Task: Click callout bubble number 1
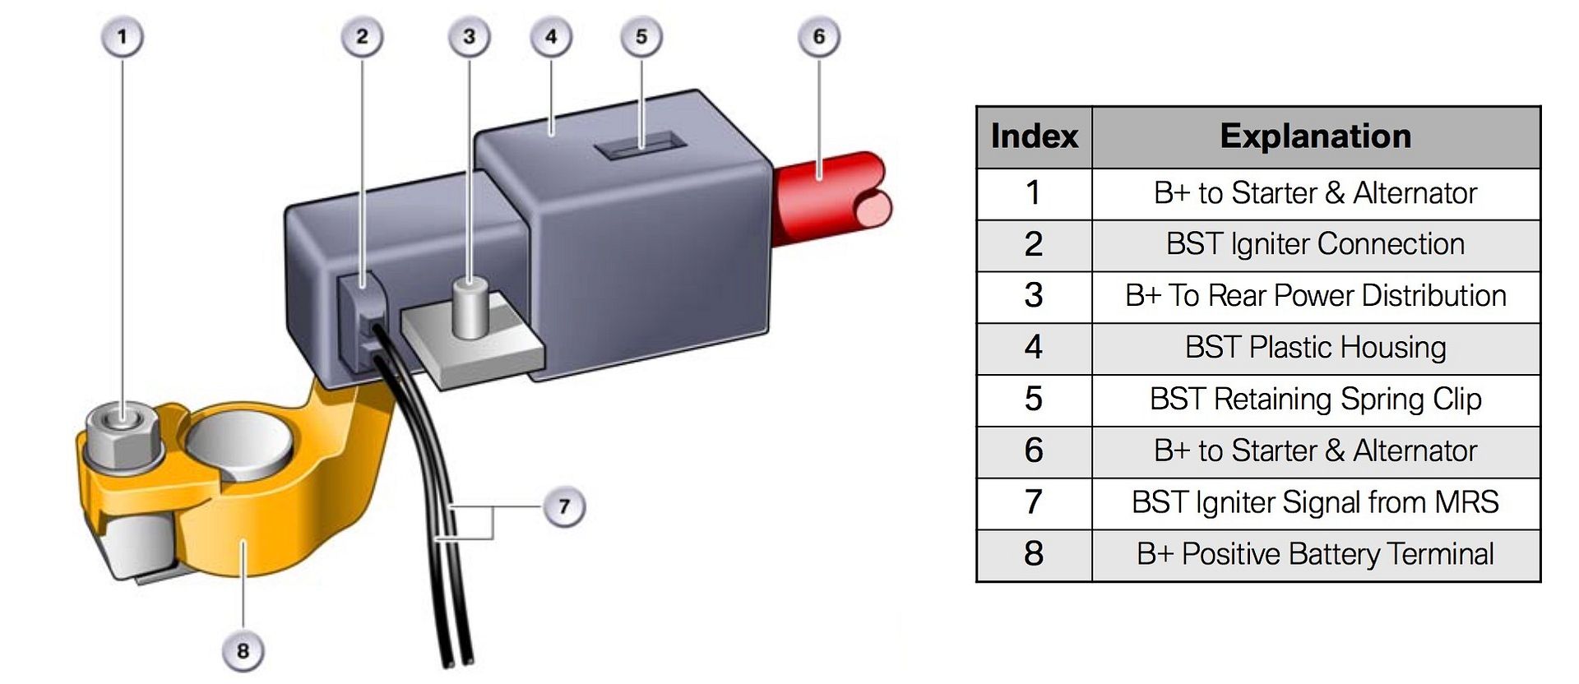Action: [123, 37]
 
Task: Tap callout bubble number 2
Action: [362, 37]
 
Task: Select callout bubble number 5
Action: [641, 37]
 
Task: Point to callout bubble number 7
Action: [564, 506]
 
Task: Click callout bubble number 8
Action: [243, 651]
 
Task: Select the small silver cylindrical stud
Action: [470, 307]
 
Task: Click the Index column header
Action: [1034, 136]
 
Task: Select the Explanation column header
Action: [1315, 136]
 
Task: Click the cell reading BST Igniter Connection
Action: [1315, 244]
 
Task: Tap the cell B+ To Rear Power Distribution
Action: [1315, 296]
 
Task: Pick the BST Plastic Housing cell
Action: [1315, 348]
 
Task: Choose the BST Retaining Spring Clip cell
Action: [1315, 400]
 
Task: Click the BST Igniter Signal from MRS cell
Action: [1315, 502]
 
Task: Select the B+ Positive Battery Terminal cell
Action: [1315, 554]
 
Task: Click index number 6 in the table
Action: [1034, 451]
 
